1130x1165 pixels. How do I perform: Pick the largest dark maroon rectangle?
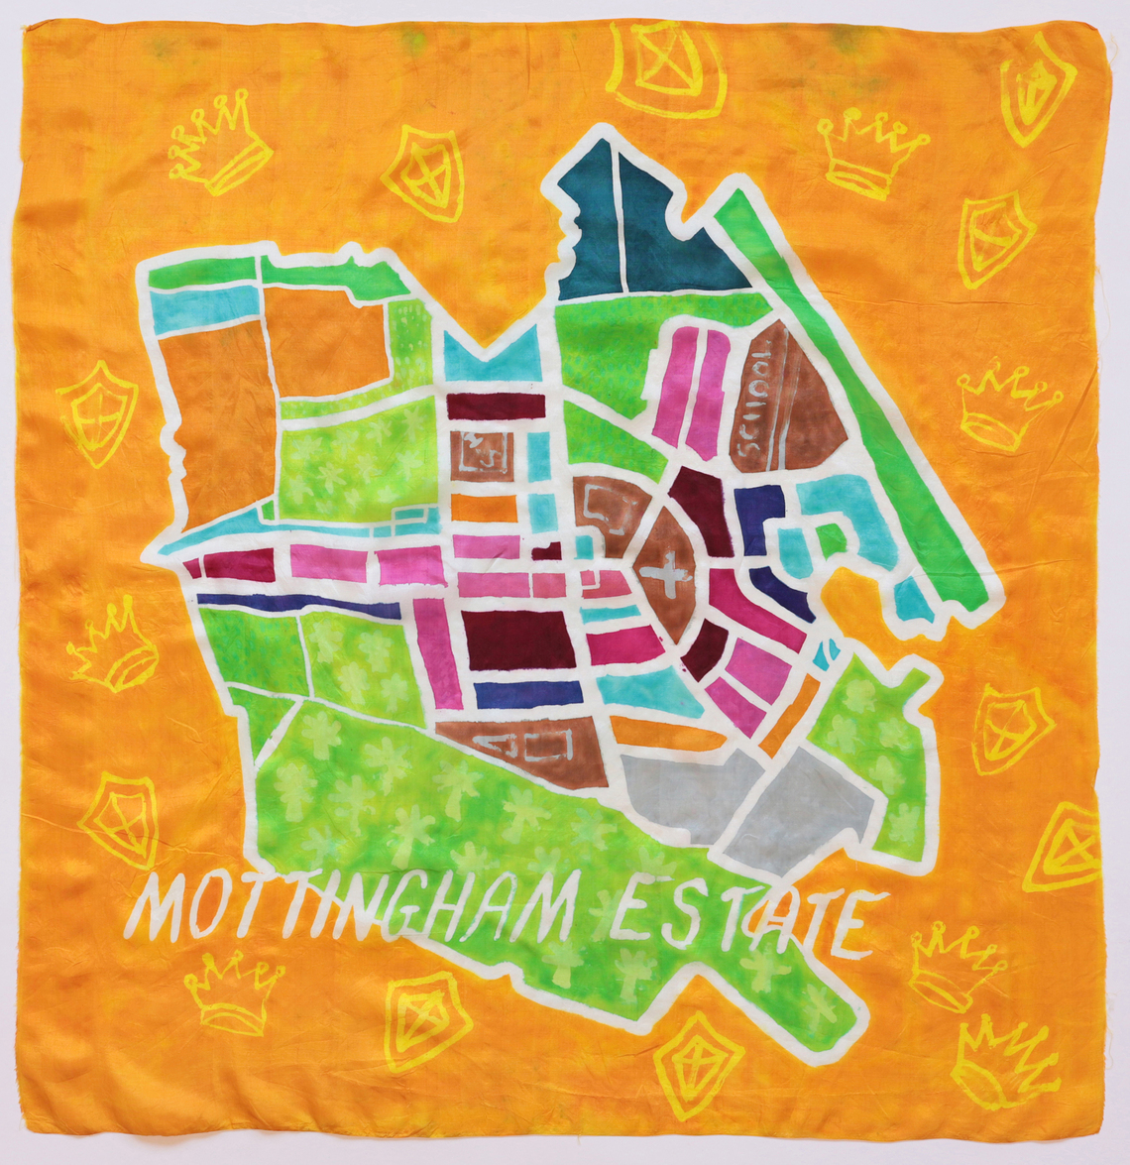click(x=518, y=640)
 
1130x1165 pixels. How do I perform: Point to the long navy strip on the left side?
click(x=297, y=603)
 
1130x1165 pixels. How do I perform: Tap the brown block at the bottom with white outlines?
click(x=520, y=749)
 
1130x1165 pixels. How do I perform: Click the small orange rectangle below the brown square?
click(x=484, y=509)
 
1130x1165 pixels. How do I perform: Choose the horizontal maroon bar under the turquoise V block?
click(x=496, y=407)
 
